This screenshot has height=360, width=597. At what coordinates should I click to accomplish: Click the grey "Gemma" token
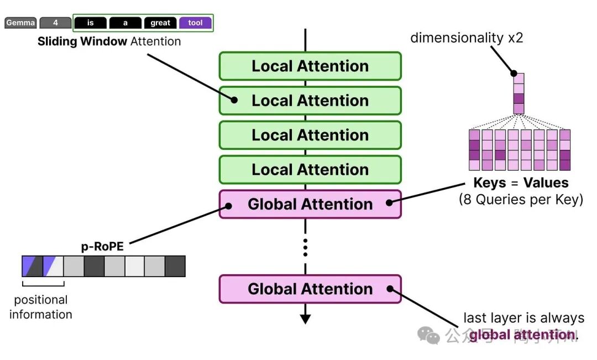click(x=20, y=23)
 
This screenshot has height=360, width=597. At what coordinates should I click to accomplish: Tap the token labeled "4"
click(x=55, y=23)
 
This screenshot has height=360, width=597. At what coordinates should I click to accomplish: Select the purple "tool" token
click(x=195, y=23)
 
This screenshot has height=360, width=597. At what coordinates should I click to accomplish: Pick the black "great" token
click(x=160, y=23)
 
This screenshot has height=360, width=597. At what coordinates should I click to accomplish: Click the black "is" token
click(x=90, y=23)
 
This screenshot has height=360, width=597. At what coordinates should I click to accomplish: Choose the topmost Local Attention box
click(x=310, y=66)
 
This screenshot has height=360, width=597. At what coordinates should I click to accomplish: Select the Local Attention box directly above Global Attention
click(x=310, y=170)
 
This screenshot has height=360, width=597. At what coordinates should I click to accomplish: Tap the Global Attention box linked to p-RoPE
click(x=310, y=204)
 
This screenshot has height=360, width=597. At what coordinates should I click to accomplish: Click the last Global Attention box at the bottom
click(x=310, y=289)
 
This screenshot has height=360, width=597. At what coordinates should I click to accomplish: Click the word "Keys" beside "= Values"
click(x=490, y=183)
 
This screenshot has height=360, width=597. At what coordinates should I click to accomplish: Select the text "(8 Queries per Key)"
click(x=521, y=199)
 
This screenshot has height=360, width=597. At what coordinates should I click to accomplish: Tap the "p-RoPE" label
click(x=102, y=247)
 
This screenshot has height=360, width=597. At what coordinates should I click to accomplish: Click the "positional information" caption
click(x=41, y=307)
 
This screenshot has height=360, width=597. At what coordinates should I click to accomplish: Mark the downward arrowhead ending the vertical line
click(x=305, y=319)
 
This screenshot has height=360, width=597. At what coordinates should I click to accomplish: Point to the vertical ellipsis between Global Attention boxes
click(x=305, y=247)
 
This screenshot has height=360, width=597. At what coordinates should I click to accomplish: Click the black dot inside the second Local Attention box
click(x=234, y=101)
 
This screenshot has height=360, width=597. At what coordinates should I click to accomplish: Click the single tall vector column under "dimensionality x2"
click(x=519, y=93)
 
